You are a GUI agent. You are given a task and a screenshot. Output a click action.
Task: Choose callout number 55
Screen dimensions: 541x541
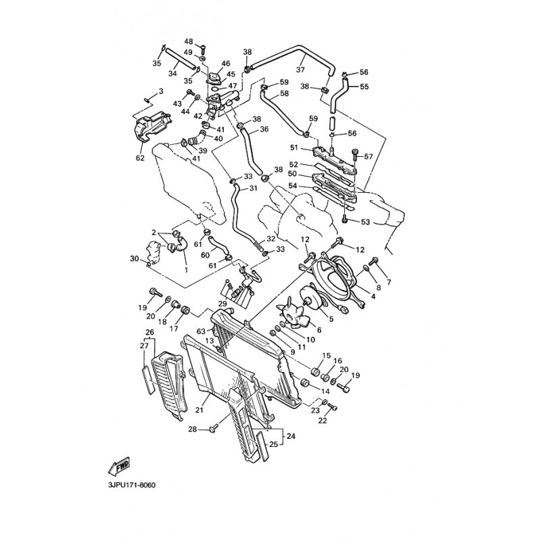(x=364, y=87)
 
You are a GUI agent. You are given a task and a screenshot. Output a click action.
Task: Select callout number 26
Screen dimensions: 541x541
(x=149, y=332)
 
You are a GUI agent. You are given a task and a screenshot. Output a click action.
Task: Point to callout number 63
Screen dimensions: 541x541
(x=201, y=331)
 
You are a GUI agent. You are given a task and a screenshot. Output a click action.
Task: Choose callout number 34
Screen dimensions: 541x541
(x=172, y=74)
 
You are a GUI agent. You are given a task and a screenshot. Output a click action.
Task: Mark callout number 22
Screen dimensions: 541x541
(x=323, y=421)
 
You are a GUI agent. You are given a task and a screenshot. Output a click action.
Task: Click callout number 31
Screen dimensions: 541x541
(x=254, y=189)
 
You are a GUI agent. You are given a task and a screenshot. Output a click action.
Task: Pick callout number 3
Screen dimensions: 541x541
(x=161, y=91)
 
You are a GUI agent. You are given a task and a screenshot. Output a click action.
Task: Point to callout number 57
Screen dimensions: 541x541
(x=369, y=157)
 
